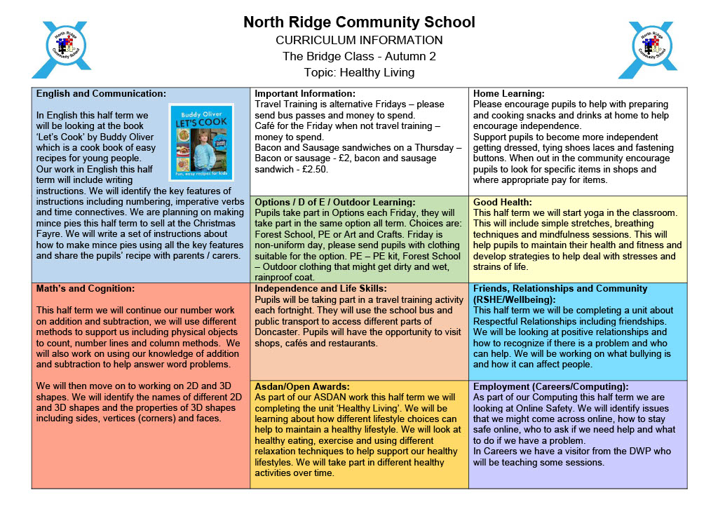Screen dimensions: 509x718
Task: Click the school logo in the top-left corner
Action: (x=61, y=50)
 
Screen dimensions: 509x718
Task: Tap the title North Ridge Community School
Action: (x=359, y=22)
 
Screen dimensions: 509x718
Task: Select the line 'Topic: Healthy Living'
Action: (x=359, y=72)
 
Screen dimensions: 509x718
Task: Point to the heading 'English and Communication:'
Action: (x=101, y=93)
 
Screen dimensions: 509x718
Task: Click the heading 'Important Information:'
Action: (x=305, y=93)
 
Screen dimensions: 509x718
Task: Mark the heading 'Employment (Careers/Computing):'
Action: (x=550, y=386)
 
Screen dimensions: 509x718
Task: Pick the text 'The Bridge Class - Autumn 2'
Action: (x=359, y=56)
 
